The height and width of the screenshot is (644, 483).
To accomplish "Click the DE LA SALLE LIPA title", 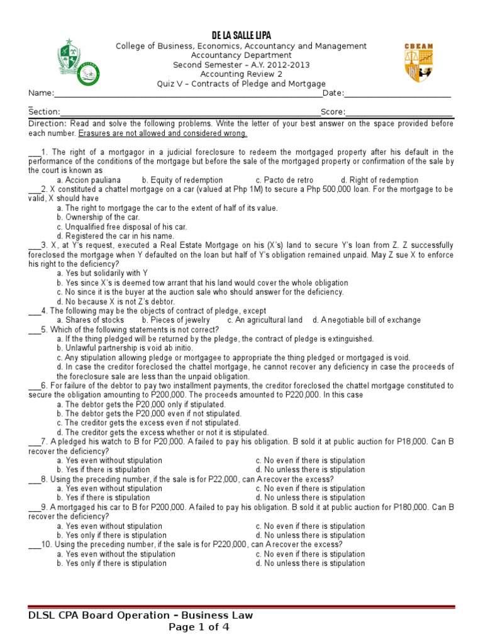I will tap(241, 35).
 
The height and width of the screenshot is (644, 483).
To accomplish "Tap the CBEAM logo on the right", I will tap(418, 62).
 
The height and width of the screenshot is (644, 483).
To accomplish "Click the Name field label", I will tap(40, 93).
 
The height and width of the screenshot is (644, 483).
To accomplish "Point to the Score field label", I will tap(333, 112).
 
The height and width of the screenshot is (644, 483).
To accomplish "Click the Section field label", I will tap(44, 112).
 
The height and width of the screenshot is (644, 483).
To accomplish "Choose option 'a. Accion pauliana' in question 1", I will tap(88, 180).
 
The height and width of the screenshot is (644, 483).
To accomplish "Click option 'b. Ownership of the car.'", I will tap(98, 217).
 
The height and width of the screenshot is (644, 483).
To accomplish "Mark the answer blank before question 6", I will tap(34, 386).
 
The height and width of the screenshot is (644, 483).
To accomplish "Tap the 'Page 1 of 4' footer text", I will tap(199, 627).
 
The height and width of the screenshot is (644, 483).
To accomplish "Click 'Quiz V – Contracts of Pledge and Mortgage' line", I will tap(241, 84).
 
